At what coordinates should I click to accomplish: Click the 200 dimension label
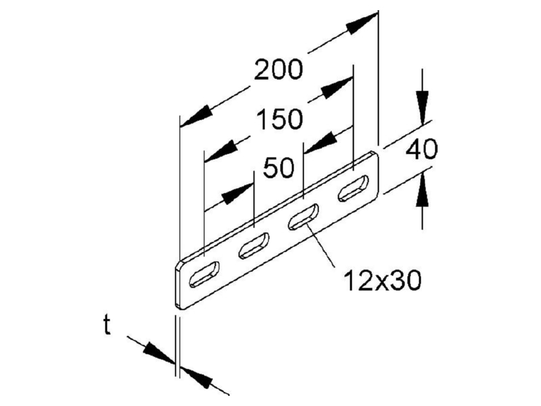click(279, 70)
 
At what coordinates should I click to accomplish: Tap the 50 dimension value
click(279, 168)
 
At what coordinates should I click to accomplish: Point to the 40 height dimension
click(421, 149)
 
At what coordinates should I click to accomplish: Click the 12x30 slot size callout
click(383, 280)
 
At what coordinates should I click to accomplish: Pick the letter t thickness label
click(108, 325)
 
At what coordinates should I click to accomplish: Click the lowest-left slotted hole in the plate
click(204, 274)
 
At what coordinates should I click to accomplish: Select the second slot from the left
click(254, 246)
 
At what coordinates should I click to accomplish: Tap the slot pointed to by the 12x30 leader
click(303, 217)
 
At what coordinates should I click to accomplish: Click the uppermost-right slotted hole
click(353, 188)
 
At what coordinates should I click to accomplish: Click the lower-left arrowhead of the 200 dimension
click(195, 116)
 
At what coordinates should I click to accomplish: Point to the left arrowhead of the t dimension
click(160, 352)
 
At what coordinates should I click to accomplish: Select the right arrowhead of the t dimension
click(196, 378)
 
